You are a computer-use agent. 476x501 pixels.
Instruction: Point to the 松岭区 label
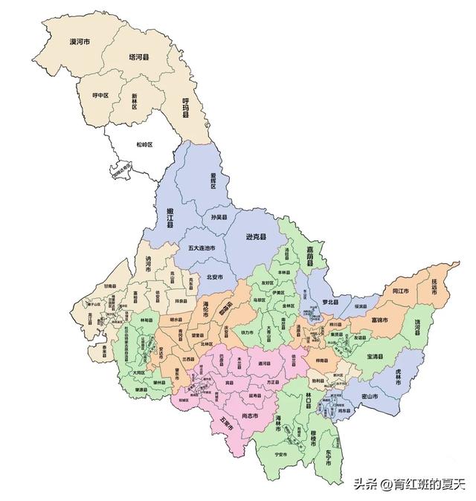point(144,144)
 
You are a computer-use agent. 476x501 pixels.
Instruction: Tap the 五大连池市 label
point(202,248)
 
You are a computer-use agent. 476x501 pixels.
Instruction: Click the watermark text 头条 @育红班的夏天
point(408,484)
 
